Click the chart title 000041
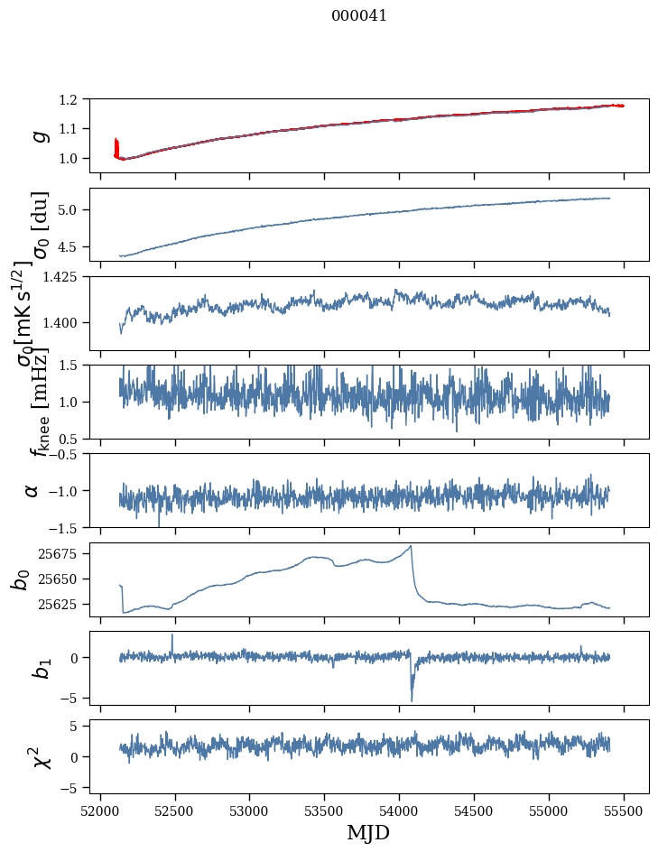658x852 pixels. tap(359, 15)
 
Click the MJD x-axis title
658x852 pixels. tap(368, 832)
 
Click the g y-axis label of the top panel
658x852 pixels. tap(38, 135)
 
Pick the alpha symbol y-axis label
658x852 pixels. tap(32, 490)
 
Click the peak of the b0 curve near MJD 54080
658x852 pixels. tap(412, 546)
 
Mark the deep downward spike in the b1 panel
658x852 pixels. tap(412, 699)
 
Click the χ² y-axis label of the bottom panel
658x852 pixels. tap(38, 757)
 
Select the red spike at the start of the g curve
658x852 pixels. tap(116, 144)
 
